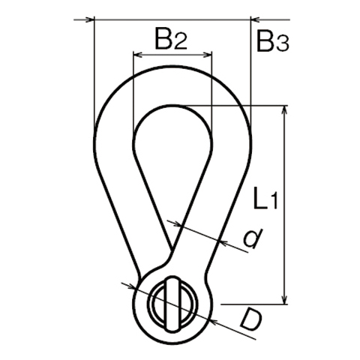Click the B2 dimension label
pyautogui.click(x=171, y=38)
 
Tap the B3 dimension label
pyautogui.click(x=273, y=40)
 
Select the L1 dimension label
pyautogui.click(x=265, y=197)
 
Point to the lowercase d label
pyautogui.click(x=253, y=238)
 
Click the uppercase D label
pyautogui.click(x=250, y=320)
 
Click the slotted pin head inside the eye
pyautogui.click(x=172, y=304)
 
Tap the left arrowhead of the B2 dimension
pyautogui.click(x=138, y=55)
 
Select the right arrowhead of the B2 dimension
pyautogui.click(x=208, y=55)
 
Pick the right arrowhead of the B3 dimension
pyautogui.click(x=255, y=19)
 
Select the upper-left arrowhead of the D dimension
pyautogui.click(x=130, y=286)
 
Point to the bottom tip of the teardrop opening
pyautogui.click(x=172, y=249)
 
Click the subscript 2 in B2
pyautogui.click(x=181, y=41)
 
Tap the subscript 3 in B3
pyautogui.click(x=283, y=44)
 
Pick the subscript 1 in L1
pyautogui.click(x=274, y=202)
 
